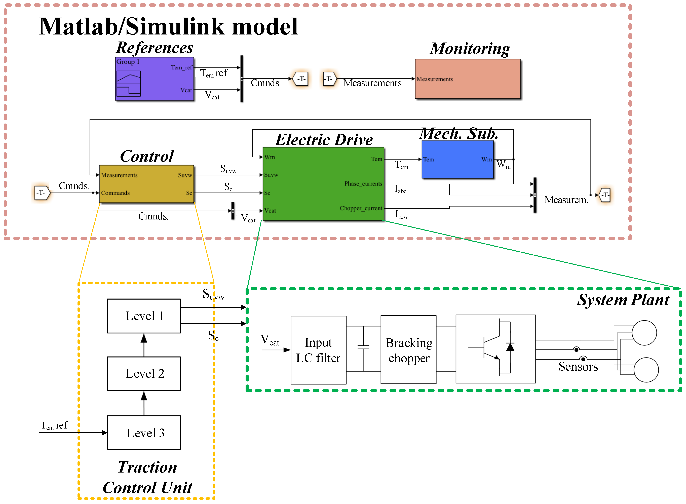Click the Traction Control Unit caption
(147, 477)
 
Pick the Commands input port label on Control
(115, 193)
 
